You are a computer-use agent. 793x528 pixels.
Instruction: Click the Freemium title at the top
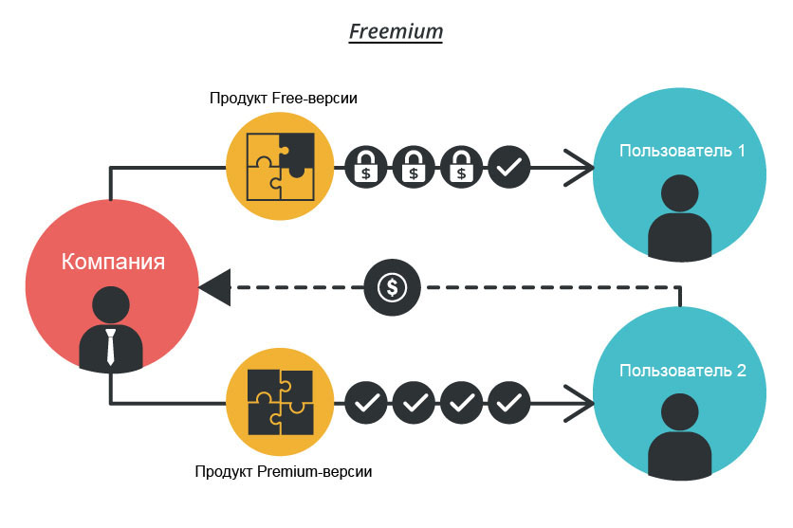click(396, 31)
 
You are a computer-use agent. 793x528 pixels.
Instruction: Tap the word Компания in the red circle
click(113, 262)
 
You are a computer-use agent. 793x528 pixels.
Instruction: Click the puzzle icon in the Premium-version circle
click(280, 402)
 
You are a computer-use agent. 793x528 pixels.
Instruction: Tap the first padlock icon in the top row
click(365, 168)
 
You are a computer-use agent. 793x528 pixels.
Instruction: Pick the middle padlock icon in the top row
click(414, 168)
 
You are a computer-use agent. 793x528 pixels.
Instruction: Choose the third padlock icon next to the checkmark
click(462, 168)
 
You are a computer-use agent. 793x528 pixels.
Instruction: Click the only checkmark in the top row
click(510, 168)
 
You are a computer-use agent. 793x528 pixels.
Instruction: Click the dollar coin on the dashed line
click(392, 287)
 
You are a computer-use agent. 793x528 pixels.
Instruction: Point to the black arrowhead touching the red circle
click(213, 287)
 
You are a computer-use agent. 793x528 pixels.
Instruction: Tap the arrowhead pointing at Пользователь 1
click(581, 168)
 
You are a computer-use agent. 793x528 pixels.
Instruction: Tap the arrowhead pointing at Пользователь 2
click(581, 403)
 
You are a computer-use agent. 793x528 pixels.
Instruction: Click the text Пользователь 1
click(681, 151)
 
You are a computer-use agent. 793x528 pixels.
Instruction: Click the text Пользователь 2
click(681, 371)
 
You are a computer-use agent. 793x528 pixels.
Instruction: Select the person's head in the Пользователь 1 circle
click(680, 194)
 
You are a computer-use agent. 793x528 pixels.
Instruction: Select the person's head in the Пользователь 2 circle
click(680, 414)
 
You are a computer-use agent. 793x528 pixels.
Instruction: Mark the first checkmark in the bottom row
click(365, 403)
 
